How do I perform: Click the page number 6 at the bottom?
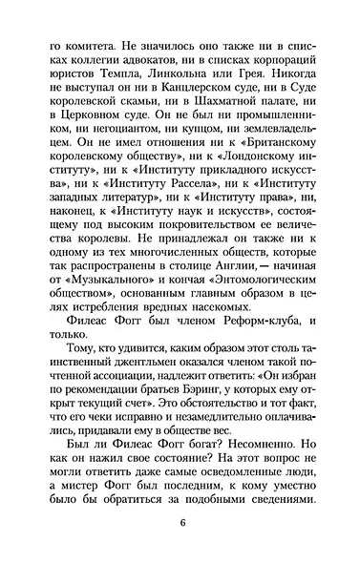pyautogui.click(x=180, y=523)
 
